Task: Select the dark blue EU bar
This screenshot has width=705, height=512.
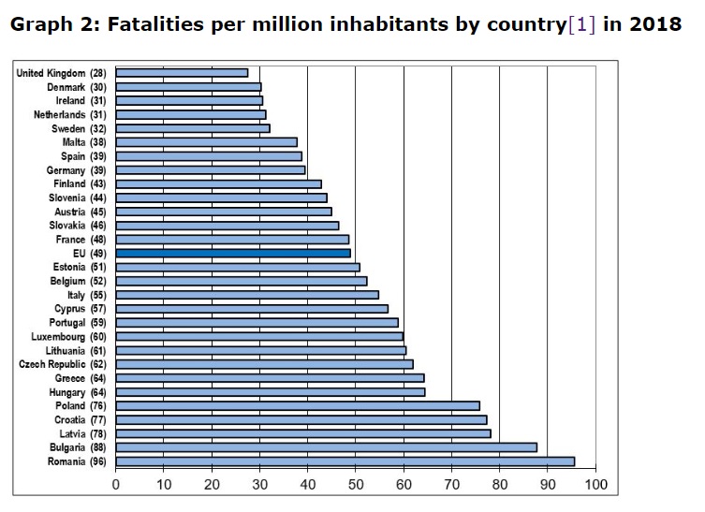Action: click(x=234, y=253)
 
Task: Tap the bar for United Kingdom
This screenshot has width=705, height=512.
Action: click(x=183, y=72)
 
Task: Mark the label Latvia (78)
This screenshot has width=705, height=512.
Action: click(x=83, y=432)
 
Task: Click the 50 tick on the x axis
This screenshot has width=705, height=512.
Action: click(x=356, y=485)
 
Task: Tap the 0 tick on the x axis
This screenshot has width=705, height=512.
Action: click(x=116, y=485)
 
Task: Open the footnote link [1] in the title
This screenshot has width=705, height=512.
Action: click(x=581, y=23)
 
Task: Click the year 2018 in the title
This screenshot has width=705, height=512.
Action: click(x=654, y=23)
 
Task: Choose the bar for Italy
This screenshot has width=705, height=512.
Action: click(x=247, y=295)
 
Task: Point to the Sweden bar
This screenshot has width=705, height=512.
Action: click(x=193, y=128)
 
